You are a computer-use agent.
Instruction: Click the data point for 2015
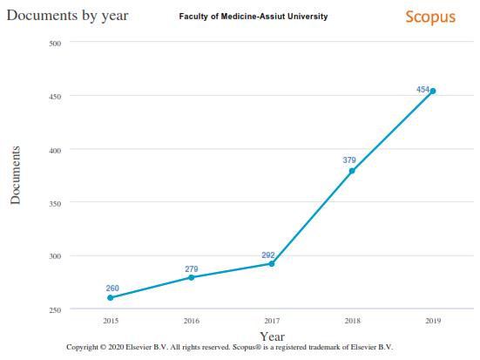pos(111,298)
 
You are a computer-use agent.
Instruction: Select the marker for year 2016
pos(191,277)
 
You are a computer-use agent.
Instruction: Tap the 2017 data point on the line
pos(272,263)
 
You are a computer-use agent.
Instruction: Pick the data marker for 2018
pos(352,171)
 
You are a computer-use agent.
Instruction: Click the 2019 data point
pos(433,91)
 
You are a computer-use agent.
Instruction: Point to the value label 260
pos(112,289)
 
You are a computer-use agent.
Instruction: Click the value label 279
pos(191,268)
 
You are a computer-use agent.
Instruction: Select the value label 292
pos(268,255)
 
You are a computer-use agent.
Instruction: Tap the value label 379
pos(349,160)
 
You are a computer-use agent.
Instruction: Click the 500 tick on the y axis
pos(54,43)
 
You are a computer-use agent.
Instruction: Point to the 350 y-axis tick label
pos(54,203)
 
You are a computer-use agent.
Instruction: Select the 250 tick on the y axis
pos(54,309)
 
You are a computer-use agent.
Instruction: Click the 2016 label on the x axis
pos(191,322)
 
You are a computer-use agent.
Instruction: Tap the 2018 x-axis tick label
pos(352,322)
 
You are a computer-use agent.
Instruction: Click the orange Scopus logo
pos(430,17)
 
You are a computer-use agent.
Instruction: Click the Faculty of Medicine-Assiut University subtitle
pos(253,17)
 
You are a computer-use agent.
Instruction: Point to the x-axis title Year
pos(273,336)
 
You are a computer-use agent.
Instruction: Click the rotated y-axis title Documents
pos(15,175)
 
